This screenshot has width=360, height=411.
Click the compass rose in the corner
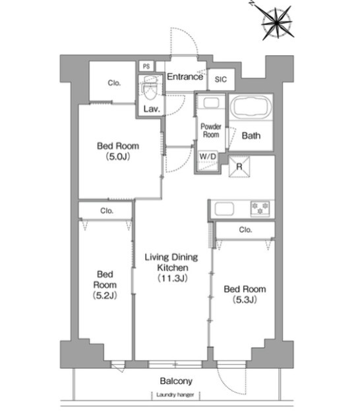(x=277, y=23)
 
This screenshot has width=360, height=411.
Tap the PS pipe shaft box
(x=146, y=67)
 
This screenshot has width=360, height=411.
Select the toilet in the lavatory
(x=150, y=88)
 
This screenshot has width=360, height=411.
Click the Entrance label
(x=185, y=77)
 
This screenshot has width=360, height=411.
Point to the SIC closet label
(x=221, y=79)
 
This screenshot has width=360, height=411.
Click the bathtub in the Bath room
(x=251, y=107)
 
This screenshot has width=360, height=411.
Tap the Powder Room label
(x=211, y=131)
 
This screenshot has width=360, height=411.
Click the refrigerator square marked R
(x=239, y=167)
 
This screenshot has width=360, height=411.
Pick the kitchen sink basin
(x=224, y=209)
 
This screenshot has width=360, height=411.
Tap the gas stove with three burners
(x=260, y=208)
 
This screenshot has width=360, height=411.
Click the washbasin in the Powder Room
(x=211, y=103)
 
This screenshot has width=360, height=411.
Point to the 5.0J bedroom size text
(x=118, y=157)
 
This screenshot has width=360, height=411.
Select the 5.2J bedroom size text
(x=105, y=296)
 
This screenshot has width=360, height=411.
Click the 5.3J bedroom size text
(x=245, y=300)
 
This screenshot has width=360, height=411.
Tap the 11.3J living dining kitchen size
(x=172, y=278)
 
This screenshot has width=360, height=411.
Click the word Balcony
(x=176, y=381)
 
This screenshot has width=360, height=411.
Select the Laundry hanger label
(x=175, y=395)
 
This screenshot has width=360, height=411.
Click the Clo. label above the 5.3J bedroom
(x=245, y=230)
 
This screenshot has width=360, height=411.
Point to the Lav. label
(x=152, y=108)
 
